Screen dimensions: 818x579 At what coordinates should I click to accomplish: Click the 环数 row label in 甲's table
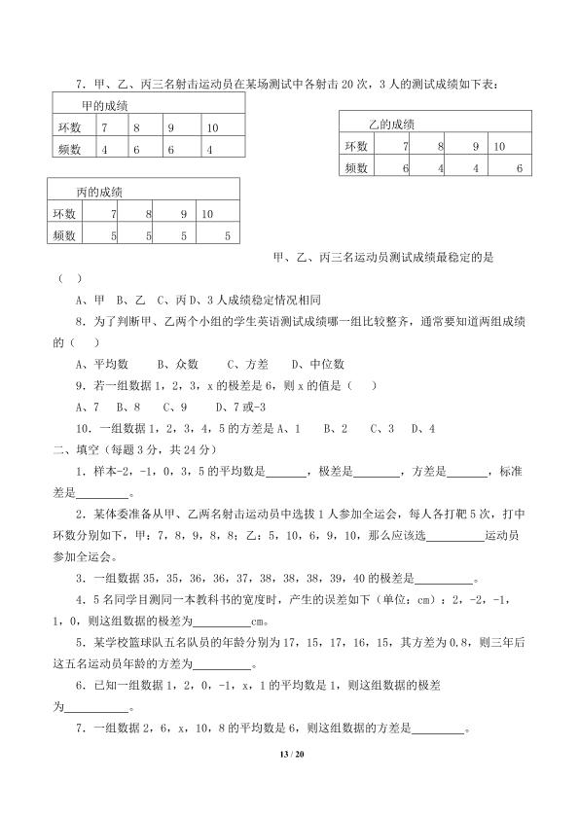(69, 127)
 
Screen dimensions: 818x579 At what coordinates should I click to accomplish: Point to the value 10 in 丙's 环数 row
(207, 213)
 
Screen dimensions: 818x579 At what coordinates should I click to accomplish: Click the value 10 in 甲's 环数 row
(213, 127)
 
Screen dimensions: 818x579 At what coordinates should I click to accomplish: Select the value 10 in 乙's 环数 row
(499, 146)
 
